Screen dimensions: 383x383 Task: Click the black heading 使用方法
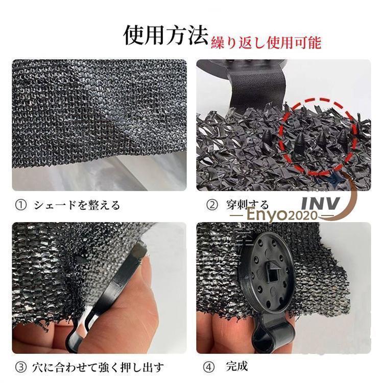pyautogui.click(x=166, y=36)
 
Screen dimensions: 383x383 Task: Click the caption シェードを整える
pyautogui.click(x=77, y=205)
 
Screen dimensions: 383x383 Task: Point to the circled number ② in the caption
pyautogui.click(x=211, y=205)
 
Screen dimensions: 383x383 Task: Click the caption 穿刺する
pyautogui.click(x=247, y=205)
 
